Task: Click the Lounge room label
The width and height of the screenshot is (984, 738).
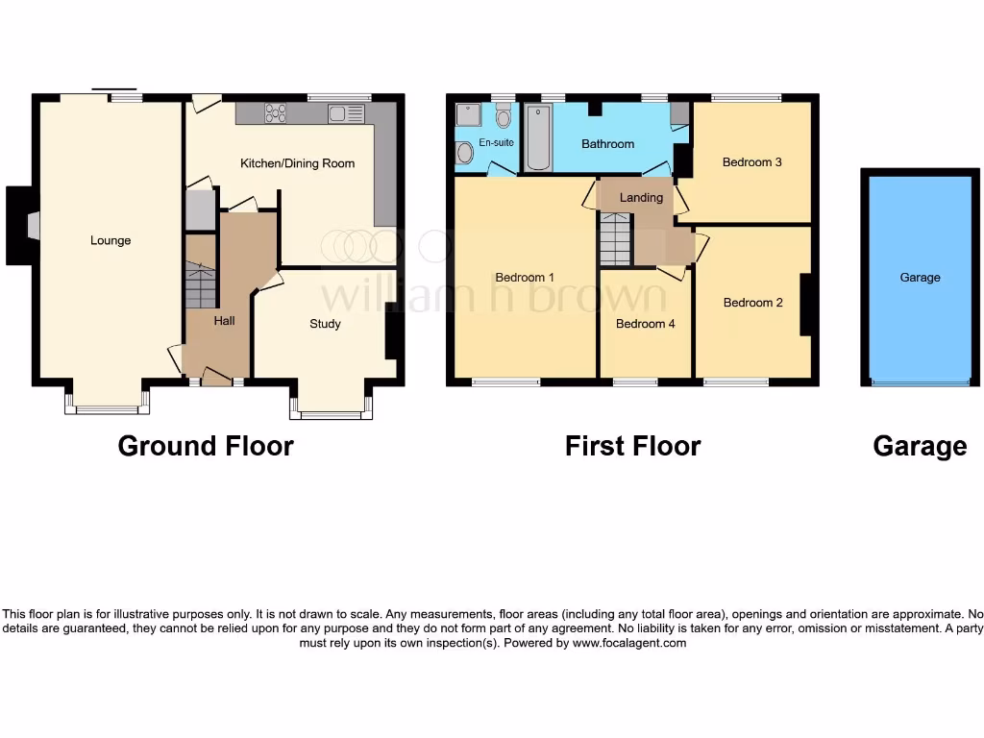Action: point(111,240)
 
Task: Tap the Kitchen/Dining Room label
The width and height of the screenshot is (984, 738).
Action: point(297,163)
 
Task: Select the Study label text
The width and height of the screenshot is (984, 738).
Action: point(325,324)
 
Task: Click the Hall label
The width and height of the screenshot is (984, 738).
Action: point(224,320)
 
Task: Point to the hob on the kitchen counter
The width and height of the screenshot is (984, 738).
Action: point(276,112)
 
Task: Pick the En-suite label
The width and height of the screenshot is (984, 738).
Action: point(497,142)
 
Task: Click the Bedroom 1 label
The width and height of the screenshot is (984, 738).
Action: point(526,278)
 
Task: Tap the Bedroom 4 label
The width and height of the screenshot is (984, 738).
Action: point(645,324)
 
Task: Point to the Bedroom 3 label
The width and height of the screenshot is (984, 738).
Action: point(751,162)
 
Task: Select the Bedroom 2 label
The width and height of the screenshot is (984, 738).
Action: point(752,303)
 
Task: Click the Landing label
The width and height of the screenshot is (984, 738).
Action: point(641,198)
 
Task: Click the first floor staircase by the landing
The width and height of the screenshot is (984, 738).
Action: point(614,239)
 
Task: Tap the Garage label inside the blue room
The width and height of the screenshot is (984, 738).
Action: point(920,278)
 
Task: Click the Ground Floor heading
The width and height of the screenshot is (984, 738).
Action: point(205,446)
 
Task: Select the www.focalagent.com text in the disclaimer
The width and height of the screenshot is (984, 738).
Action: point(629,643)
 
